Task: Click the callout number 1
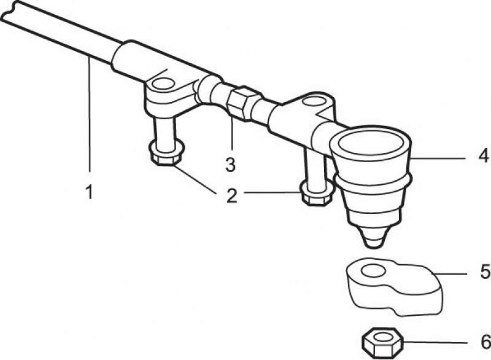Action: click(x=90, y=192)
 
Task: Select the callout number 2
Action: click(x=232, y=195)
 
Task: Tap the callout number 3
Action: click(x=230, y=165)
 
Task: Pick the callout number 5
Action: click(x=485, y=272)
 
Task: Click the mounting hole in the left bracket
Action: click(x=163, y=84)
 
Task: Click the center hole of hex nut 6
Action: click(x=382, y=337)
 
